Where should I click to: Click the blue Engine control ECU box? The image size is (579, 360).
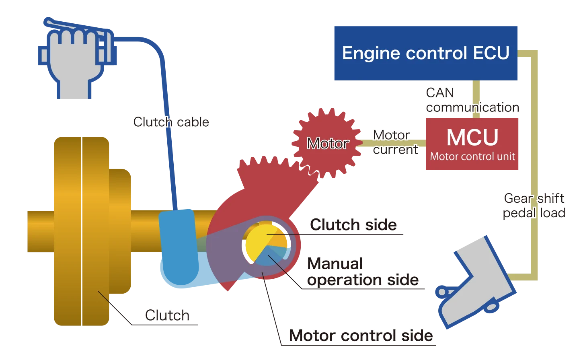click(x=425, y=53)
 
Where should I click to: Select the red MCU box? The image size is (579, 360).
click(x=472, y=143)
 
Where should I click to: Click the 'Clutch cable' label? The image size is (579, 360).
click(x=171, y=122)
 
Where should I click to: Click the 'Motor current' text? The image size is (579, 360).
click(x=395, y=142)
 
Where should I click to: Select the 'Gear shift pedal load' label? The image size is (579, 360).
click(x=535, y=206)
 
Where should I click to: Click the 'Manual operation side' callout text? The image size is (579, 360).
click(x=362, y=272)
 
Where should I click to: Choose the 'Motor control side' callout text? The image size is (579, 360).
click(x=361, y=335)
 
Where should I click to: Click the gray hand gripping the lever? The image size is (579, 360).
click(x=74, y=64)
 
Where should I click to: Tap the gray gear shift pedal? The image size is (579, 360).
click(x=474, y=282)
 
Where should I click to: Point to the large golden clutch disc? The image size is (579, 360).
click(x=80, y=231)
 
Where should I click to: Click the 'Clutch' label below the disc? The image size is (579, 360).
click(x=167, y=315)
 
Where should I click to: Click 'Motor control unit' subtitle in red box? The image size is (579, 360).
click(x=472, y=156)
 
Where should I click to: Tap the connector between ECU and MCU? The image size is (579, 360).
click(x=476, y=99)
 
